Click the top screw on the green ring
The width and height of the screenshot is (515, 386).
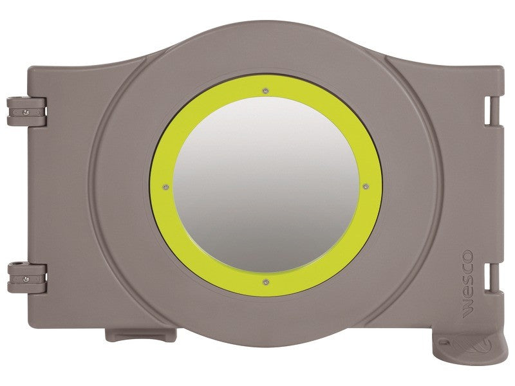(266, 91)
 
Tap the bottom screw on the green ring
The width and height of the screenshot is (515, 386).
(266, 282)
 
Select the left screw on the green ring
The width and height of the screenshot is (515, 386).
(166, 187)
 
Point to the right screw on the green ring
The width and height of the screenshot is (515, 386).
(366, 187)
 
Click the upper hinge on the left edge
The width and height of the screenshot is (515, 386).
(26, 112)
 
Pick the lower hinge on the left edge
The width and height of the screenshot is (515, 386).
(27, 279)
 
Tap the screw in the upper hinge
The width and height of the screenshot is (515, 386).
(26, 113)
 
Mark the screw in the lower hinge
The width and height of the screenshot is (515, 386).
(26, 279)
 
